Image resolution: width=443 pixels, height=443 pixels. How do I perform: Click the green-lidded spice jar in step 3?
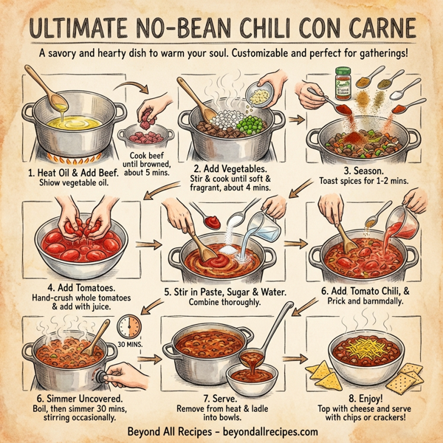tap(343, 83)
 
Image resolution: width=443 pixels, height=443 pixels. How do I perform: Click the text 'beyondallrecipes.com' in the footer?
tap(259, 431)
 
